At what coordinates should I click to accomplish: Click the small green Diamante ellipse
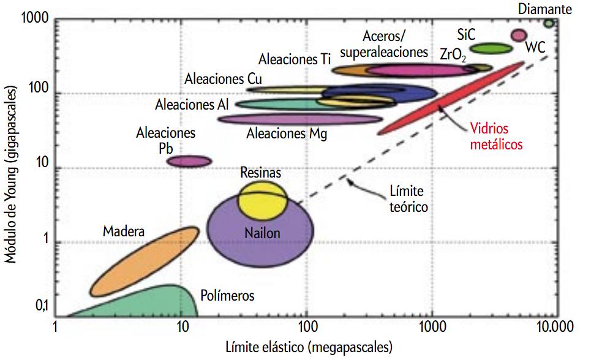[549, 23]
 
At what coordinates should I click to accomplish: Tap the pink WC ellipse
[519, 35]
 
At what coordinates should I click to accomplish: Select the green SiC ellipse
[491, 48]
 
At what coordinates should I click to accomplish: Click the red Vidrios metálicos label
[496, 137]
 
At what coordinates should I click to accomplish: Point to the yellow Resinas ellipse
[262, 199]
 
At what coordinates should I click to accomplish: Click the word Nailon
[262, 233]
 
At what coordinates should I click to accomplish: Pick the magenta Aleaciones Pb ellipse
[190, 161]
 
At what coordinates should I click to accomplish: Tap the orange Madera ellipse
[145, 260]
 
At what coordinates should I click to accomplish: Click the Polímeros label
[227, 296]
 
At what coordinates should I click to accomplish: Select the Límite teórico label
[409, 199]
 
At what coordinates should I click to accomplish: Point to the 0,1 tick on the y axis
[41, 309]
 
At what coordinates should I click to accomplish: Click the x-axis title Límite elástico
[308, 348]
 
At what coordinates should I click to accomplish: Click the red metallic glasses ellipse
[451, 98]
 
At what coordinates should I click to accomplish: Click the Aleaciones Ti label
[295, 59]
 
